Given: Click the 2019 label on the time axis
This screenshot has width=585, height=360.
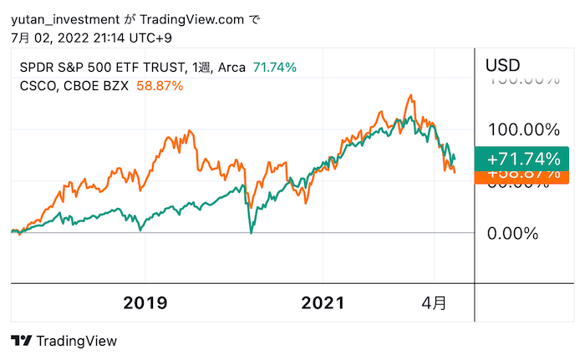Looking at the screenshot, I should pyautogui.click(x=145, y=302).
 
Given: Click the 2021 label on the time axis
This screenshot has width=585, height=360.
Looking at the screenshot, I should pyautogui.click(x=322, y=302).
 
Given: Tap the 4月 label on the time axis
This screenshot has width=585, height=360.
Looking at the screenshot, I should pyautogui.click(x=433, y=302).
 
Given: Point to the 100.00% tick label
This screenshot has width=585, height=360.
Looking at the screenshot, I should pyautogui.click(x=523, y=130).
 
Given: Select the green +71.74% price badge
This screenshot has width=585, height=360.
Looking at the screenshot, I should pyautogui.click(x=523, y=159).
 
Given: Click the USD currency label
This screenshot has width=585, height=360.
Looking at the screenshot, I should pyautogui.click(x=503, y=65).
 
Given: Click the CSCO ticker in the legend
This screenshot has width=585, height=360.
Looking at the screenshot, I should pyautogui.click(x=37, y=85).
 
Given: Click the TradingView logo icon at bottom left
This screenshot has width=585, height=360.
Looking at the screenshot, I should pyautogui.click(x=22, y=341).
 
